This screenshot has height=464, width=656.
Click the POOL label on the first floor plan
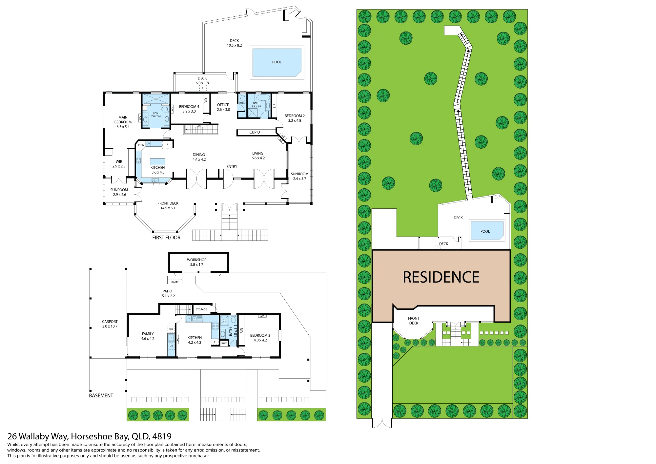tap(277, 62)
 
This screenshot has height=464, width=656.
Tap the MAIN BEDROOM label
tap(123, 120)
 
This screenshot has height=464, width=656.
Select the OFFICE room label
tap(223, 105)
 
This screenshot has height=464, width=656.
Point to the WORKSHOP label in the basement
tap(197, 260)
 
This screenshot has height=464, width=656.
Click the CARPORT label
tap(110, 322)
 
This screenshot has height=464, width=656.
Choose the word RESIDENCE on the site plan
tap(441, 277)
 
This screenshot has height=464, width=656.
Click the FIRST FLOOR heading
tap(166, 238)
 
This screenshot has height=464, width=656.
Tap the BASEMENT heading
tap(101, 396)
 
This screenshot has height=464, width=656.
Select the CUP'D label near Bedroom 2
tap(255, 132)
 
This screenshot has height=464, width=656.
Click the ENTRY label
tap(232, 167)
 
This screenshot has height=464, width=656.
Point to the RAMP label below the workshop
tap(175, 282)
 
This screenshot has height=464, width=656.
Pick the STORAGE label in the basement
tap(201, 309)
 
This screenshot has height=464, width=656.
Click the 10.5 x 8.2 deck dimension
tap(234, 46)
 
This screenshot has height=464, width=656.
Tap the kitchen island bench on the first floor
tap(157, 161)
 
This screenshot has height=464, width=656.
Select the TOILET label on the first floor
tap(242, 103)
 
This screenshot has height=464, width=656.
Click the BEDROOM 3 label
tap(260, 335)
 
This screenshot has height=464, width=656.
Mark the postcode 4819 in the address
tap(162, 436)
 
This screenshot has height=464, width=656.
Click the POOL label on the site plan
tap(485, 231)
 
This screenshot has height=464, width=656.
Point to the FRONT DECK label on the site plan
tap(414, 321)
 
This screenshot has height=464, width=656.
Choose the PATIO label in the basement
tap(167, 291)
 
